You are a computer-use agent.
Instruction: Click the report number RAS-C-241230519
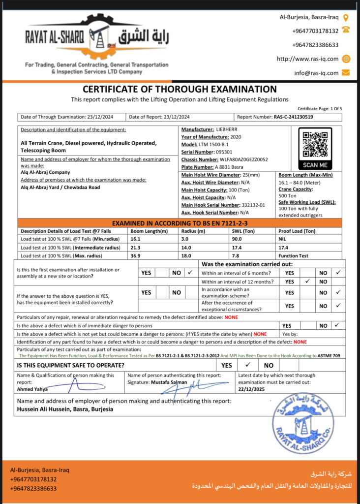(293, 117)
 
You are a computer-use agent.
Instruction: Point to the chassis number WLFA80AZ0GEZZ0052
(244, 159)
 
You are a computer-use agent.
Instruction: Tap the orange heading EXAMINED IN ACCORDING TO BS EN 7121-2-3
(180, 223)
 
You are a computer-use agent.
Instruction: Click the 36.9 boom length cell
(136, 256)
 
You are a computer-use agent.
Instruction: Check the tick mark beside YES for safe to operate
(248, 365)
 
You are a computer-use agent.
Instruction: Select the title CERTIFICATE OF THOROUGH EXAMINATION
(180, 89)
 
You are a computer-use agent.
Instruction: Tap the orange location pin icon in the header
(346, 17)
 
